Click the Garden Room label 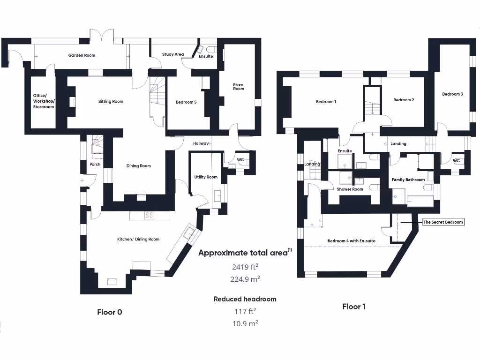(82, 55)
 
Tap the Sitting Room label (111, 101)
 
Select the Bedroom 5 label (186, 102)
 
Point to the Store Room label (239, 87)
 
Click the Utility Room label (206, 177)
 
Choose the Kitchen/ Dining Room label (138, 239)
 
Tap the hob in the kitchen (150, 215)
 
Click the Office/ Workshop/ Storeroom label (43, 101)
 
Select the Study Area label (173, 54)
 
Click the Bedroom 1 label (326, 102)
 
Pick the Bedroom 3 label (452, 94)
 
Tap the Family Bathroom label (408, 180)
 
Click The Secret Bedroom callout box (443, 222)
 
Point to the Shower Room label (350, 189)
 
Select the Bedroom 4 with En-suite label (351, 241)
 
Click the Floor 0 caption (109, 312)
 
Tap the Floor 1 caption (354, 307)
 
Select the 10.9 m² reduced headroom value (245, 323)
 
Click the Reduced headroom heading (245, 299)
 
